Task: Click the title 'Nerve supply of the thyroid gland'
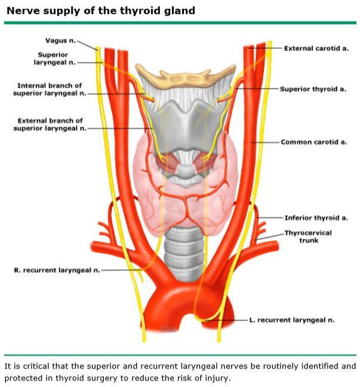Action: pos(100,11)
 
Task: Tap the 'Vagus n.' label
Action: pos(60,41)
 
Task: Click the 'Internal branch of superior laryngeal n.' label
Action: pos(50,90)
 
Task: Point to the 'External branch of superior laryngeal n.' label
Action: pos(50,124)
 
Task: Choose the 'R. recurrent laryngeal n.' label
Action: pos(57,270)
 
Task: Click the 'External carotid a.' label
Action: pos(316,48)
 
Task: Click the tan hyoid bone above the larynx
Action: pos(185,77)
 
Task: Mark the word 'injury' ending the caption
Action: pos(216,378)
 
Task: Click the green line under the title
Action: pos(180,23)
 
